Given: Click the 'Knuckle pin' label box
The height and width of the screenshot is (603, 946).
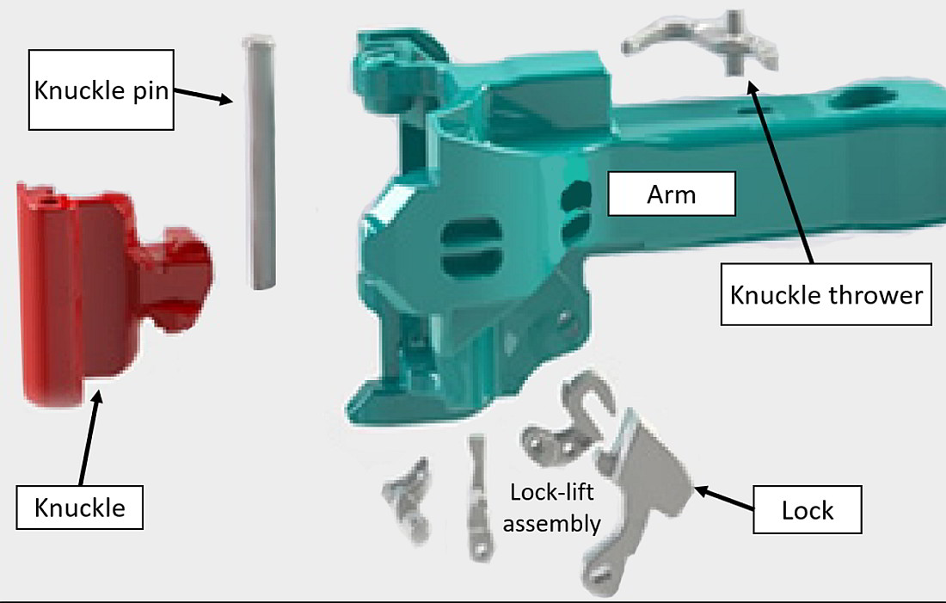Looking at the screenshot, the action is click(101, 90).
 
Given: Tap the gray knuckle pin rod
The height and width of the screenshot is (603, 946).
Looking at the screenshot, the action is click(260, 162).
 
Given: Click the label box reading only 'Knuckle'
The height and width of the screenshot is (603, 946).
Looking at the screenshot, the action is click(80, 508).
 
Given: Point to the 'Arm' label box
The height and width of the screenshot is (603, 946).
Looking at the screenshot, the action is click(672, 194).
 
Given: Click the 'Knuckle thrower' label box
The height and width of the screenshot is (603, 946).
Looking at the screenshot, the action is click(826, 294).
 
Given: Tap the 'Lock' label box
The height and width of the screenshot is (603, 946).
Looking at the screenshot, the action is click(808, 510).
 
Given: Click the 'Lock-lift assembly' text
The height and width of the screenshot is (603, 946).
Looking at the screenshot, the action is click(552, 508).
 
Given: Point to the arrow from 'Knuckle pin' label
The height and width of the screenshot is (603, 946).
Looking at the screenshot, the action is click(203, 95).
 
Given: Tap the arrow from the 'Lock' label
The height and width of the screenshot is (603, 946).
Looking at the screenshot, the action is click(724, 499).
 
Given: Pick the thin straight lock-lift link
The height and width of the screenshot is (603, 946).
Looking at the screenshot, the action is click(478, 497).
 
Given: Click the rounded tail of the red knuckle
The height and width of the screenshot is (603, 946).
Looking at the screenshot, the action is click(180, 279).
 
